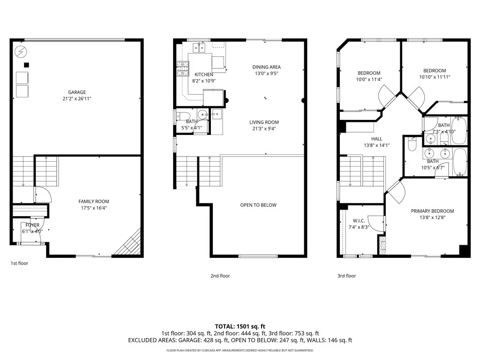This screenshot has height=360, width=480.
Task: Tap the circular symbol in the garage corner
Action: (x=21, y=51)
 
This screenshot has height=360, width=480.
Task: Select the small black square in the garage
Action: (x=27, y=65)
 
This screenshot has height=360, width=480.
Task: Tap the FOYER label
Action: (x=32, y=225)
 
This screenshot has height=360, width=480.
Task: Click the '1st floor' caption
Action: (x=19, y=263)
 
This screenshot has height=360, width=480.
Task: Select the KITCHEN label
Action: (x=204, y=75)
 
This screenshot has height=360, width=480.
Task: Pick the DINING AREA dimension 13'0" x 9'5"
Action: (x=267, y=73)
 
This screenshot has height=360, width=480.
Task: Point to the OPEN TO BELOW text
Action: (x=258, y=205)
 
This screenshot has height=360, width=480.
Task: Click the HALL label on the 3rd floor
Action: (x=377, y=139)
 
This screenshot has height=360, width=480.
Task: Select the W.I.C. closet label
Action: (x=359, y=220)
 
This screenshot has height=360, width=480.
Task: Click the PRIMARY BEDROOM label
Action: (x=432, y=211)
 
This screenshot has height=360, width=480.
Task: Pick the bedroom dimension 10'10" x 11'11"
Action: (x=435, y=77)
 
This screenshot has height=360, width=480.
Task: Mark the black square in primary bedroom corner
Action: (x=464, y=251)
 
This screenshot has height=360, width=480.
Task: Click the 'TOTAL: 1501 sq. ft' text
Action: (x=240, y=326)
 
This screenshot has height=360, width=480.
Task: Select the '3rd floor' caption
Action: (x=347, y=276)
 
